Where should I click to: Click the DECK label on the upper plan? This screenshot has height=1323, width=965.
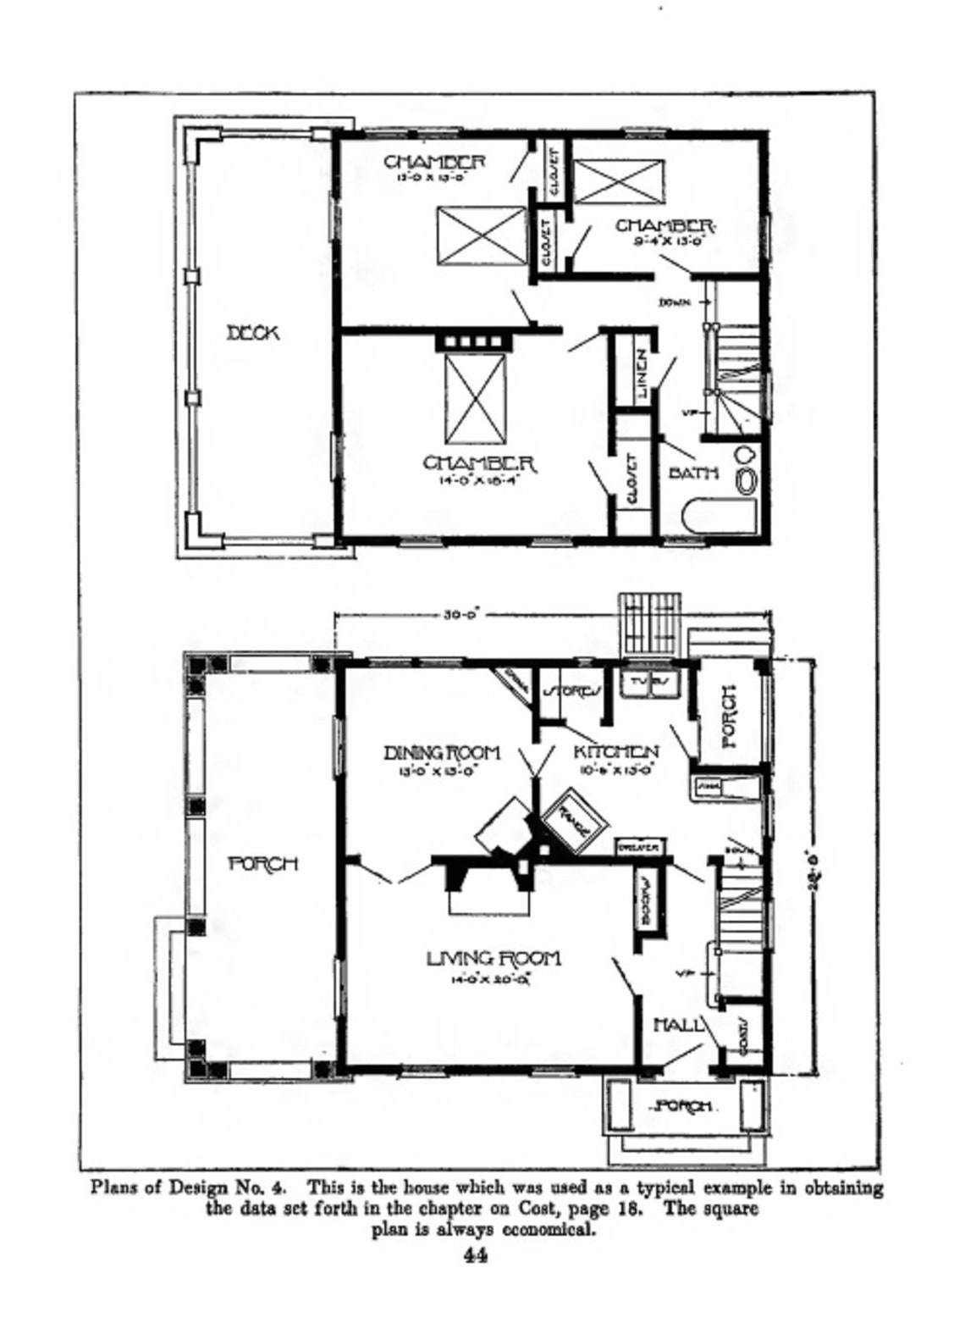click(x=252, y=333)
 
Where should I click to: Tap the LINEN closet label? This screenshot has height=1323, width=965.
click(x=642, y=374)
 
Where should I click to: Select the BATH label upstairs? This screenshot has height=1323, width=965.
click(x=693, y=473)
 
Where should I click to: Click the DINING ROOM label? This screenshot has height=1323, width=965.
click(x=442, y=752)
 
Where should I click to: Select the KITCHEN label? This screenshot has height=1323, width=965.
click(x=616, y=752)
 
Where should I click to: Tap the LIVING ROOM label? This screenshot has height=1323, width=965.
click(x=493, y=958)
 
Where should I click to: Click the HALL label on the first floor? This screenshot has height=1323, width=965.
click(x=679, y=1025)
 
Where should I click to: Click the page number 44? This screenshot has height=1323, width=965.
click(x=475, y=1255)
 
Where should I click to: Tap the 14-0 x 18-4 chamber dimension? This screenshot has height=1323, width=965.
click(x=477, y=480)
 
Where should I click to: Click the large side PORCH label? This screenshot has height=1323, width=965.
click(x=263, y=863)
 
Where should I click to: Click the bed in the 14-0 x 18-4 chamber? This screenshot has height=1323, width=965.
click(x=475, y=398)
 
